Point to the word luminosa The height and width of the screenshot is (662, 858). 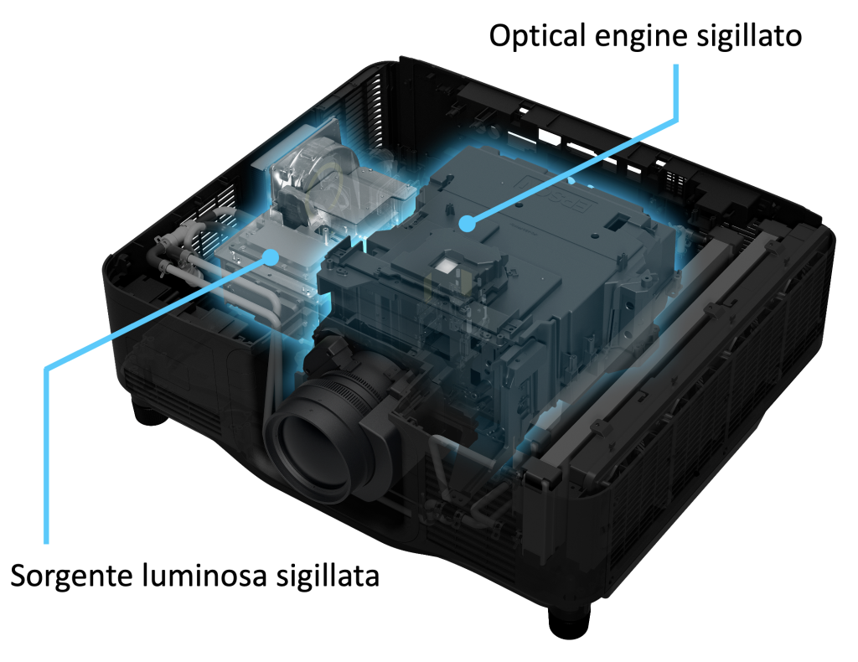pyautogui.click(x=204, y=575)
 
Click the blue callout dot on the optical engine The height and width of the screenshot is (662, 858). pyautogui.click(x=466, y=223)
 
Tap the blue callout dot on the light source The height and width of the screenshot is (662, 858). pyautogui.click(x=271, y=256)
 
